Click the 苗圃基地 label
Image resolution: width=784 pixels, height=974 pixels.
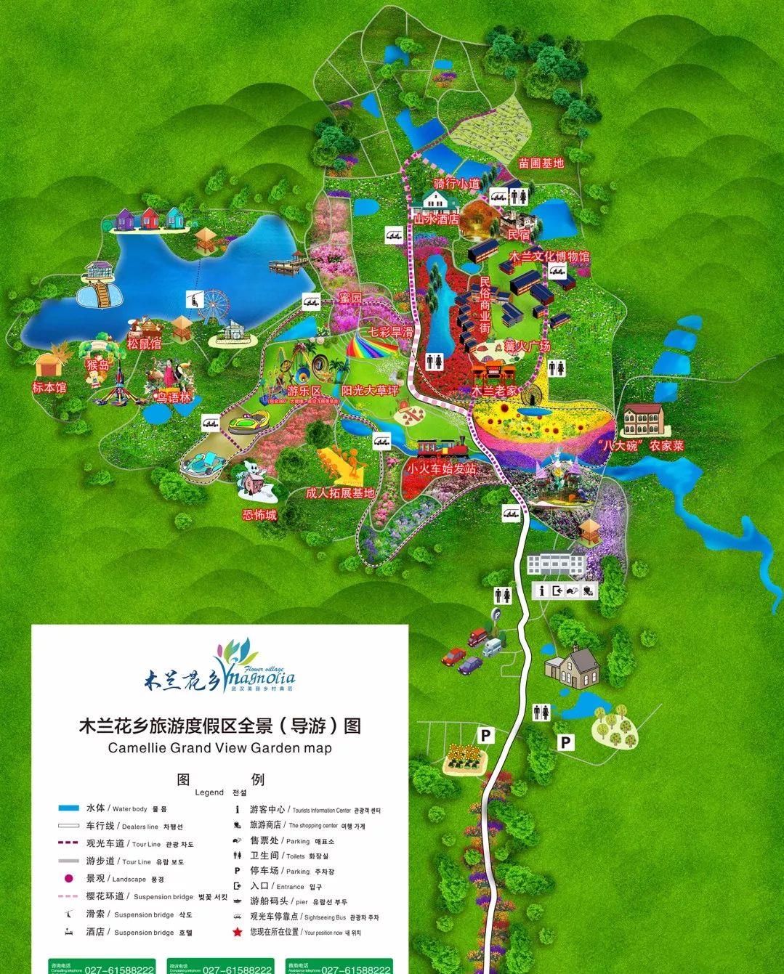click(x=541, y=163)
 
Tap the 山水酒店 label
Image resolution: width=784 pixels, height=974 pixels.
click(x=436, y=217)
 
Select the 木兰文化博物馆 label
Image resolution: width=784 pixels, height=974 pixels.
click(x=549, y=257)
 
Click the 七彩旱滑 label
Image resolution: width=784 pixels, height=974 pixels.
click(x=391, y=331)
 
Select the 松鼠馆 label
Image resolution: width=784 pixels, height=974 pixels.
click(x=144, y=342)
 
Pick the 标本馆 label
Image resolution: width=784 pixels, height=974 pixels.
click(x=49, y=388)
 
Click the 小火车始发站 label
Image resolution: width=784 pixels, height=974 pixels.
click(x=441, y=468)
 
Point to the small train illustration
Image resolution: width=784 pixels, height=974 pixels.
click(x=440, y=448)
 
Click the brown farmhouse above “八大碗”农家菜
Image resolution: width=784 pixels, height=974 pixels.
click(x=643, y=419)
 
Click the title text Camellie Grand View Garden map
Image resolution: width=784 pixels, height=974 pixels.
click(x=219, y=747)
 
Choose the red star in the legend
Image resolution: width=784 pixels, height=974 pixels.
click(x=237, y=932)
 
